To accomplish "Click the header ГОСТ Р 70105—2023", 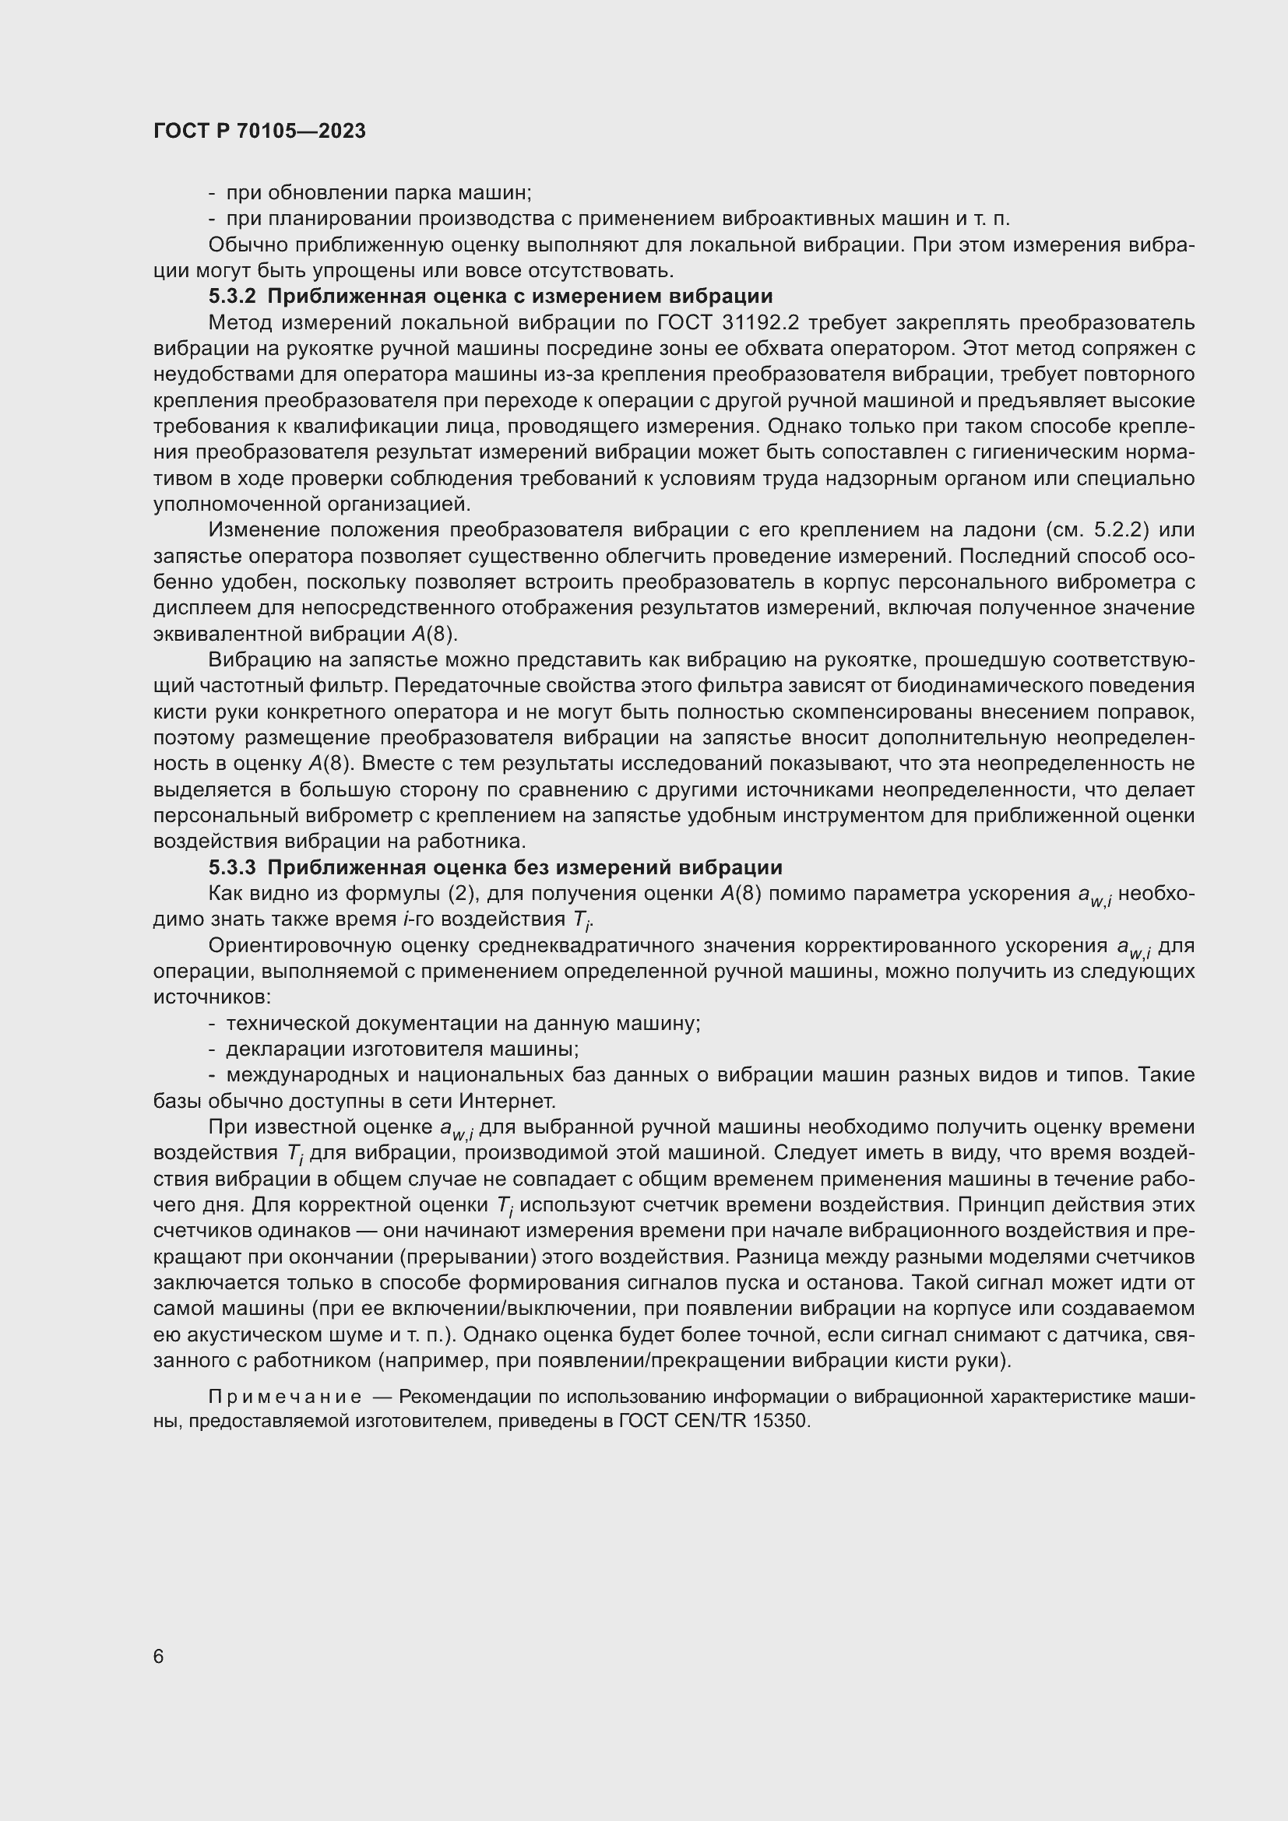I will pyautogui.click(x=259, y=132).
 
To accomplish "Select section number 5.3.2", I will pyautogui.click(x=232, y=297).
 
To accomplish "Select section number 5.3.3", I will pyautogui.click(x=232, y=867).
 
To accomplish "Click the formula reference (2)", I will pyautogui.click(x=461, y=894).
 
